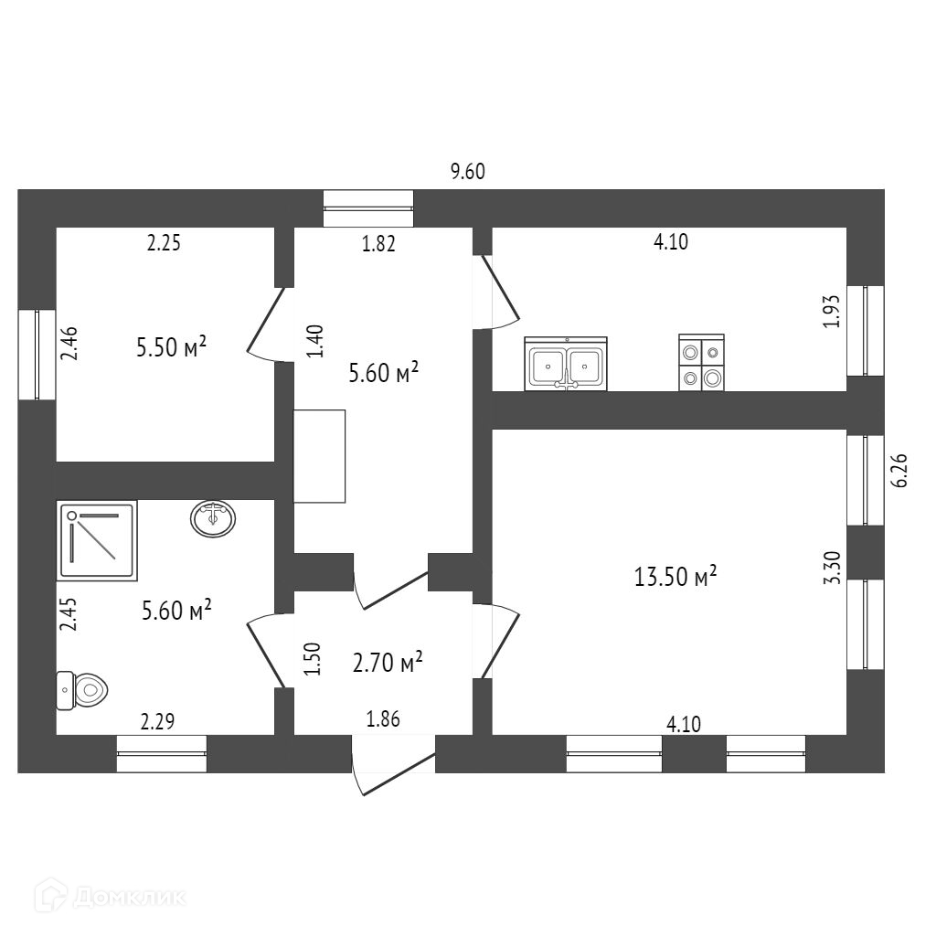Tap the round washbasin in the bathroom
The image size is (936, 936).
[x=213, y=518]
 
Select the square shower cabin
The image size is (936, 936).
[x=98, y=540]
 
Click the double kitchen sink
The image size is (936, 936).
[x=566, y=365]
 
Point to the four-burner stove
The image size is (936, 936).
[x=702, y=365]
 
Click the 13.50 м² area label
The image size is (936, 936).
[x=675, y=577]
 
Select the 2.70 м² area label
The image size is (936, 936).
[x=387, y=662]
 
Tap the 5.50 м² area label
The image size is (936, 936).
[x=170, y=347]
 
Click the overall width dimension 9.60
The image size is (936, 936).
[x=467, y=172]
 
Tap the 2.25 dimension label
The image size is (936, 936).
[x=165, y=243]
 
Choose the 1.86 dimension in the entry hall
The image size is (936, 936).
[x=383, y=720]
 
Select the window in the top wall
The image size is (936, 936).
[x=368, y=208]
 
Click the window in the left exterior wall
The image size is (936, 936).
[x=37, y=355]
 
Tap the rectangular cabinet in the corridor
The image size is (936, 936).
[x=319, y=455]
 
